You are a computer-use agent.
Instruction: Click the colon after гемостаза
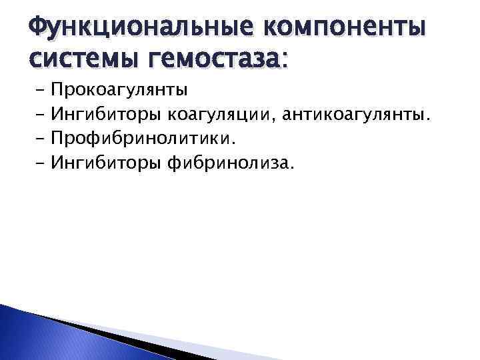[x=285, y=62]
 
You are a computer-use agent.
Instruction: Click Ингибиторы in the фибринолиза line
[x=106, y=163]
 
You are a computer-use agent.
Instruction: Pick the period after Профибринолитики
[x=234, y=143]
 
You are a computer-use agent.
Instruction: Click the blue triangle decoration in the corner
[x=40, y=333]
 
